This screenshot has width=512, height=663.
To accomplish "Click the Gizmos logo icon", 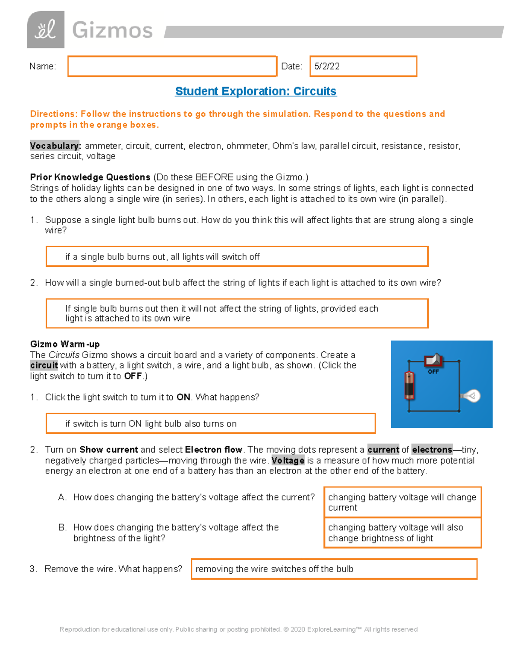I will [46, 29].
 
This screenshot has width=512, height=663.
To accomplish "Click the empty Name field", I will [172, 66].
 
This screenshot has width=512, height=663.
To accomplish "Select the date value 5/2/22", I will [327, 66].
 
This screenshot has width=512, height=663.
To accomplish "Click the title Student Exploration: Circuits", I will [256, 91].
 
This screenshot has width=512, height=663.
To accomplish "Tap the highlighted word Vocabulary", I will [55, 146].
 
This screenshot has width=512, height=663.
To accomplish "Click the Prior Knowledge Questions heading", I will [90, 177].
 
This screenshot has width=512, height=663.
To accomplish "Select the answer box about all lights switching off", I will [237, 257].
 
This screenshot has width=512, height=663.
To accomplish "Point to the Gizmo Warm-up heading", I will [65, 344].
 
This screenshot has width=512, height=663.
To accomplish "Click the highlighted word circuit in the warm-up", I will [44, 365].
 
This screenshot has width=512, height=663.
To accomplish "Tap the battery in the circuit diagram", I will [409, 385].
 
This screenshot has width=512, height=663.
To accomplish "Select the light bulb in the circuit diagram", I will [471, 396].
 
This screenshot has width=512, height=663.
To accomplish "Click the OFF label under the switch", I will [433, 372].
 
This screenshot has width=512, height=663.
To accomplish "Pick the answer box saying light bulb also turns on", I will [210, 424].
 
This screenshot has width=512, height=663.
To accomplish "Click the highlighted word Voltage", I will [288, 461].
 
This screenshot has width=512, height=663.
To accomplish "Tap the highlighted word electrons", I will [432, 450].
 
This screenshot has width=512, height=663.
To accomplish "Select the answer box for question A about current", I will [402, 502].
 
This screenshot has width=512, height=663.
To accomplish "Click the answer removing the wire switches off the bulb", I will [334, 569].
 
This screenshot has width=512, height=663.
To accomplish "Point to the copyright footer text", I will [239, 629].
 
